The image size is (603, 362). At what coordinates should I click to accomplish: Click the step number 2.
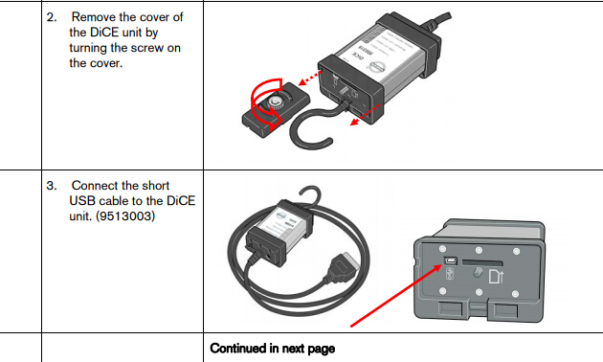click(x=51, y=17)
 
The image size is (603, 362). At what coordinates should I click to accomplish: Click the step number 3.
click(x=51, y=186)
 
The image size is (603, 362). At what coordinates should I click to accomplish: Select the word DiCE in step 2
click(x=104, y=33)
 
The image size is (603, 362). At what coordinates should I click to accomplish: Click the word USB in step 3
click(x=81, y=201)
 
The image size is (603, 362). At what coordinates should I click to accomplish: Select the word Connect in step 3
click(x=96, y=186)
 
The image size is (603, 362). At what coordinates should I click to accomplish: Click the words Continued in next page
click(x=272, y=349)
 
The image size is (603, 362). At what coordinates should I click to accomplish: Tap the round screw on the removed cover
click(x=274, y=102)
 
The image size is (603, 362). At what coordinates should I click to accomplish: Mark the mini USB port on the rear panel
click(x=450, y=260)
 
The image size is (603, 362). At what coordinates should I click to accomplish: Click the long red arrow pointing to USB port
click(x=396, y=296)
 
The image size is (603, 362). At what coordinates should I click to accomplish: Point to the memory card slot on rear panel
click(x=482, y=262)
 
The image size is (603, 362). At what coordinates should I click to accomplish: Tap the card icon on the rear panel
click(x=496, y=277)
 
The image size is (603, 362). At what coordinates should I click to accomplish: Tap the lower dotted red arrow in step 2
click(x=365, y=115)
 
